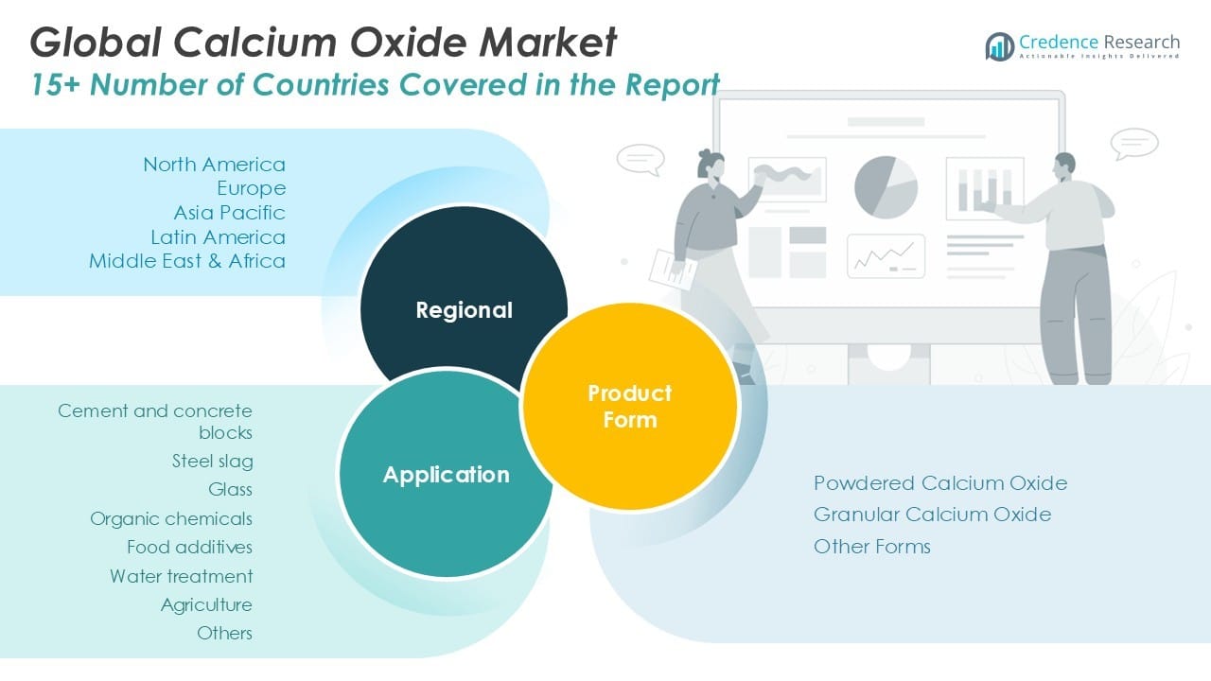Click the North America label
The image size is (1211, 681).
(x=214, y=165)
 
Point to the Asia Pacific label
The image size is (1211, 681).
(x=229, y=213)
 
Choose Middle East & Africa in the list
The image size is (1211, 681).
(x=187, y=261)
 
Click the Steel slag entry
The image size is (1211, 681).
(x=212, y=462)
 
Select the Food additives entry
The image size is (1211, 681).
(x=189, y=547)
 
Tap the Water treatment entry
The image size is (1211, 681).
(x=181, y=576)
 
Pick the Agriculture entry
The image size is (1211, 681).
(x=206, y=604)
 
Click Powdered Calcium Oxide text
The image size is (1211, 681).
(x=939, y=483)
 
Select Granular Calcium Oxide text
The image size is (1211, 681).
(x=932, y=515)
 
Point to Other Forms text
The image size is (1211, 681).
(x=871, y=547)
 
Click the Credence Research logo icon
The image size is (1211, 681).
(x=1000, y=45)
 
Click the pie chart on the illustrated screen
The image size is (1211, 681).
(x=886, y=186)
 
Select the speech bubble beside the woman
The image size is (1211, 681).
(x=641, y=159)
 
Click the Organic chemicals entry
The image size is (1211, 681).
(x=171, y=518)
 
